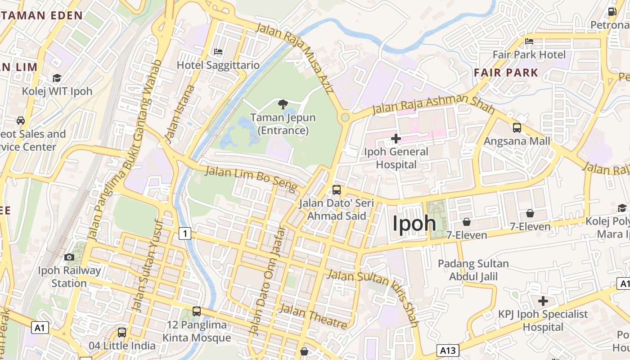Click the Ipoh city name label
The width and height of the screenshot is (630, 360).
pos(414,223)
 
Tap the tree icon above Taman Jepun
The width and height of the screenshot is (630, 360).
pos(283,105)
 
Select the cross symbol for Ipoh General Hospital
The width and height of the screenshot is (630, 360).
pos(396,139)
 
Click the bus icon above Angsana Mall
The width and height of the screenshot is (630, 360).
pos(517,128)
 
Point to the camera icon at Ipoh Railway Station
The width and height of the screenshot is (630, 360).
pos(69,257)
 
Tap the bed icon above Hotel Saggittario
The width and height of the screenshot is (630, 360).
pos(218,52)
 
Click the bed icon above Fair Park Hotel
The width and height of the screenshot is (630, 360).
pos(529,41)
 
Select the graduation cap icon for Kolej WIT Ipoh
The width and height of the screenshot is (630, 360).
pos(57,78)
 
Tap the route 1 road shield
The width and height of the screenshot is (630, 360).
pos(184,233)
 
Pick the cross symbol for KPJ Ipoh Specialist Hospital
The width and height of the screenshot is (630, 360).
pos(543,301)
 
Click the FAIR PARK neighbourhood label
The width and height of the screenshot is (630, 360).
pos(506,72)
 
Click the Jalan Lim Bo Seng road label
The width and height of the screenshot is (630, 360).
pos(251,178)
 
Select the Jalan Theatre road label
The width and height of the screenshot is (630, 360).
pos(313,316)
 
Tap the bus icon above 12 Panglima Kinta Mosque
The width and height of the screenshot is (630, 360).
pos(197,311)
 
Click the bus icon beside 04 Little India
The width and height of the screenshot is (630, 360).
pos(122,333)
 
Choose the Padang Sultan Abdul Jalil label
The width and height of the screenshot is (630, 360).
pos(473,270)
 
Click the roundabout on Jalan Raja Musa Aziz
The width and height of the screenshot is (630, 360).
pos(345,117)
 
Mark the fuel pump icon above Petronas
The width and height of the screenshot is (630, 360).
pos(612,12)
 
